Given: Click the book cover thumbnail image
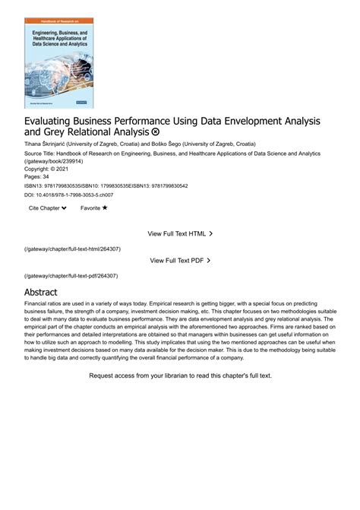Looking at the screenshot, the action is coord(58,62).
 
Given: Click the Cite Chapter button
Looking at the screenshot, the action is coord(47,207).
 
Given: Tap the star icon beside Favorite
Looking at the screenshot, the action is coord(105,207).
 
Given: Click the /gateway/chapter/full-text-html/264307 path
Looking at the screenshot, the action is coord(72,249).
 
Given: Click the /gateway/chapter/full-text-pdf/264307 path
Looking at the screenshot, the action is coord(71,275).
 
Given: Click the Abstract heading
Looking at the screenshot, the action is coord(41,292).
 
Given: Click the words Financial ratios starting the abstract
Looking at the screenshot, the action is coord(43,303).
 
